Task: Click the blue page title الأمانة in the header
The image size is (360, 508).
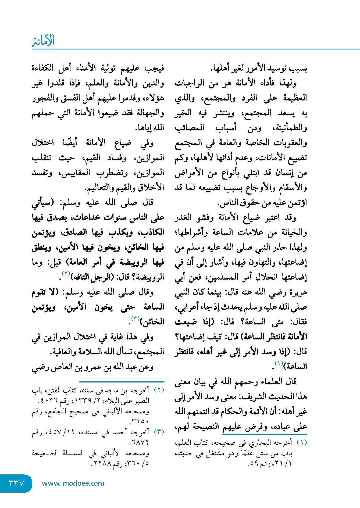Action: tap(43, 41)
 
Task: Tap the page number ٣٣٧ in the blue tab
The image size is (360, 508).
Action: tap(16, 483)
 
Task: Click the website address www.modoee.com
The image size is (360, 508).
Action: tap(73, 483)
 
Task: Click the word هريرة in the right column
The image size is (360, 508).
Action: tap(298, 292)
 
